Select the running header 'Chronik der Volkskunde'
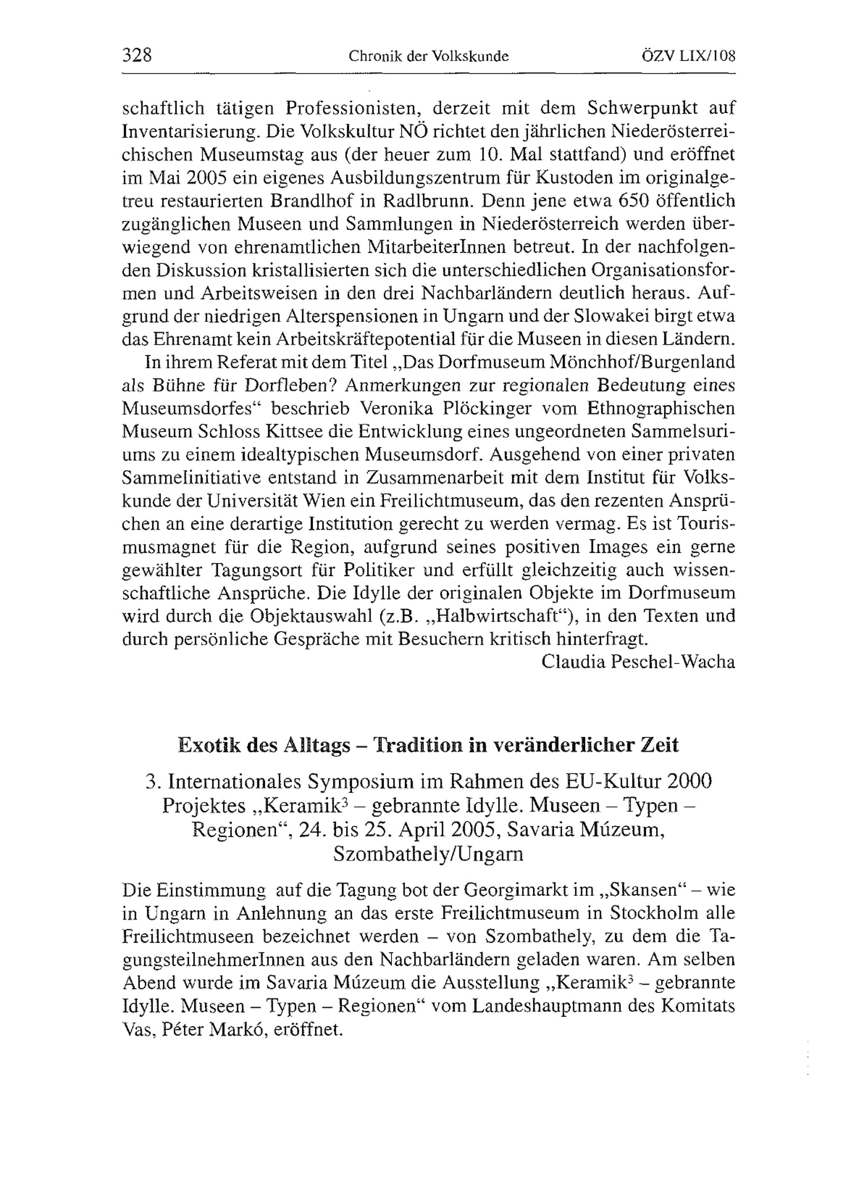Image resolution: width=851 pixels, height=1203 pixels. (x=428, y=56)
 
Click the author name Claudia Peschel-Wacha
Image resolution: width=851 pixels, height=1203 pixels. (x=638, y=662)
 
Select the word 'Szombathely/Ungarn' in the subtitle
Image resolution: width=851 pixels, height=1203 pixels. (x=428, y=854)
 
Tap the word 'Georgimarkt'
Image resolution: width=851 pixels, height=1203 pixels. (x=516, y=890)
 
